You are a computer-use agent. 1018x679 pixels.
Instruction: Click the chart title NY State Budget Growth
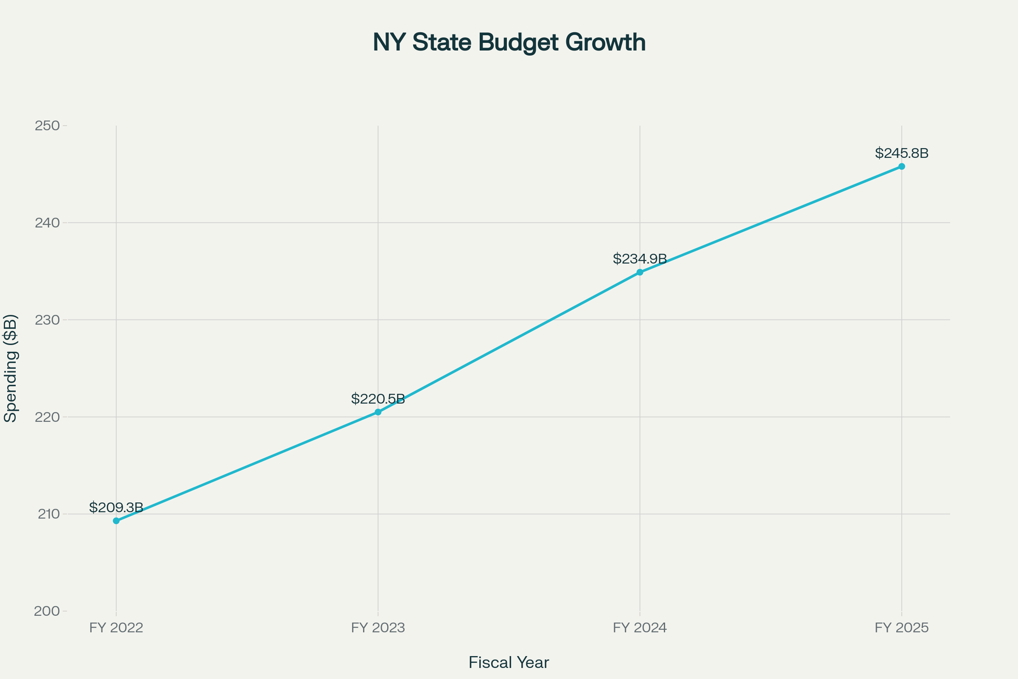[x=509, y=42]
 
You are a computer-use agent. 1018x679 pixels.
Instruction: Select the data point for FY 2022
[x=116, y=521]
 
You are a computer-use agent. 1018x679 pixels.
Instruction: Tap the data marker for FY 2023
[x=378, y=412]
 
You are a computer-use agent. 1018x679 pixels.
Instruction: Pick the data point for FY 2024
[x=640, y=272]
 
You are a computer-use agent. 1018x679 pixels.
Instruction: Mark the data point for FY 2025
[x=902, y=166]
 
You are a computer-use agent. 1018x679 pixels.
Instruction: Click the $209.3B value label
[x=116, y=507]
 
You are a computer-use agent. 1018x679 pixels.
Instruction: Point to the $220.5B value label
[x=378, y=399]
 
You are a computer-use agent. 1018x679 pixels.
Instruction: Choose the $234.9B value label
[x=640, y=259]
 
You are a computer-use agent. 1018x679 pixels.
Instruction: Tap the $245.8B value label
[x=902, y=153]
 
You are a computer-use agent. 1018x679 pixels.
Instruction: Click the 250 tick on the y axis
[x=47, y=126]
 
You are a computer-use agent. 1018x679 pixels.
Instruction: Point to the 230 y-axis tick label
[x=47, y=320]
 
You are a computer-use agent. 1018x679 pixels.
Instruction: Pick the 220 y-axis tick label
[x=47, y=417]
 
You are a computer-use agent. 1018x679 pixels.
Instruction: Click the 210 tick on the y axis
[x=48, y=514]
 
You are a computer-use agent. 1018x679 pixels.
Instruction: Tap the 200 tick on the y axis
[x=47, y=611]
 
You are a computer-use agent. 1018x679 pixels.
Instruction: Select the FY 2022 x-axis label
[x=116, y=628]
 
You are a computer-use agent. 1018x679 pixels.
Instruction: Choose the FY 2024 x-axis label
[x=640, y=628]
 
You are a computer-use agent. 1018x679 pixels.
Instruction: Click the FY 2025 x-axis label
[x=902, y=628]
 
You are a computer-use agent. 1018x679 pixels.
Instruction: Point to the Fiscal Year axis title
[x=509, y=662]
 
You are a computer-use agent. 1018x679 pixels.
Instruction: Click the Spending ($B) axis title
[x=10, y=368]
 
